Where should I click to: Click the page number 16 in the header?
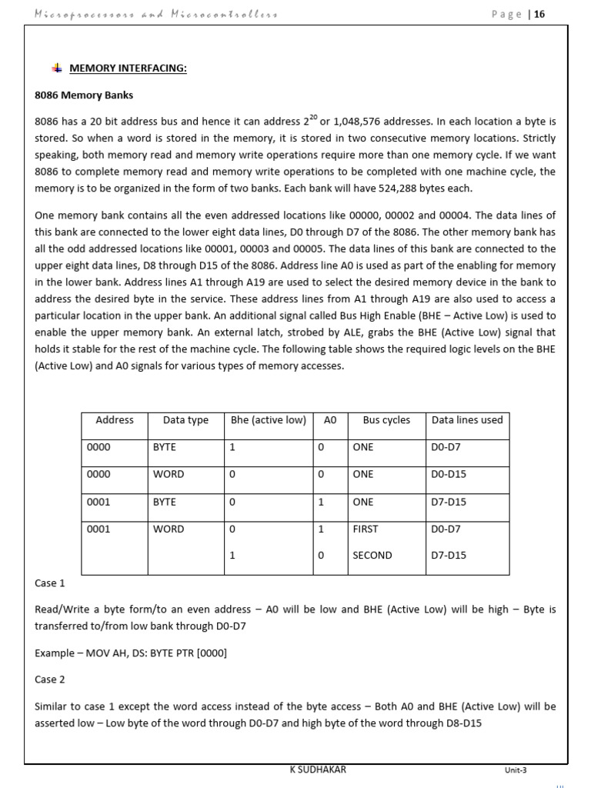click(539, 14)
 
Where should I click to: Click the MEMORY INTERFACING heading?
click(129, 68)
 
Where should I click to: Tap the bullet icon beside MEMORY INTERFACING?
click(56, 68)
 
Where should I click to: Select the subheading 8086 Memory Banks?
click(84, 96)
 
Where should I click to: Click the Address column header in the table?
click(115, 420)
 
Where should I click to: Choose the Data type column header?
click(185, 420)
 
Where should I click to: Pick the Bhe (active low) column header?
click(269, 420)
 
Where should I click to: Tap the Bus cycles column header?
click(386, 420)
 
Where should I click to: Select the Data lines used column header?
click(467, 420)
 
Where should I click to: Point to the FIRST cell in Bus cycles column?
click(366, 529)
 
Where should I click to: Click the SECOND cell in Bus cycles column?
click(372, 556)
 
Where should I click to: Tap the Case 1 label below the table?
click(50, 584)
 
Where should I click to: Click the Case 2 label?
click(50, 679)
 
